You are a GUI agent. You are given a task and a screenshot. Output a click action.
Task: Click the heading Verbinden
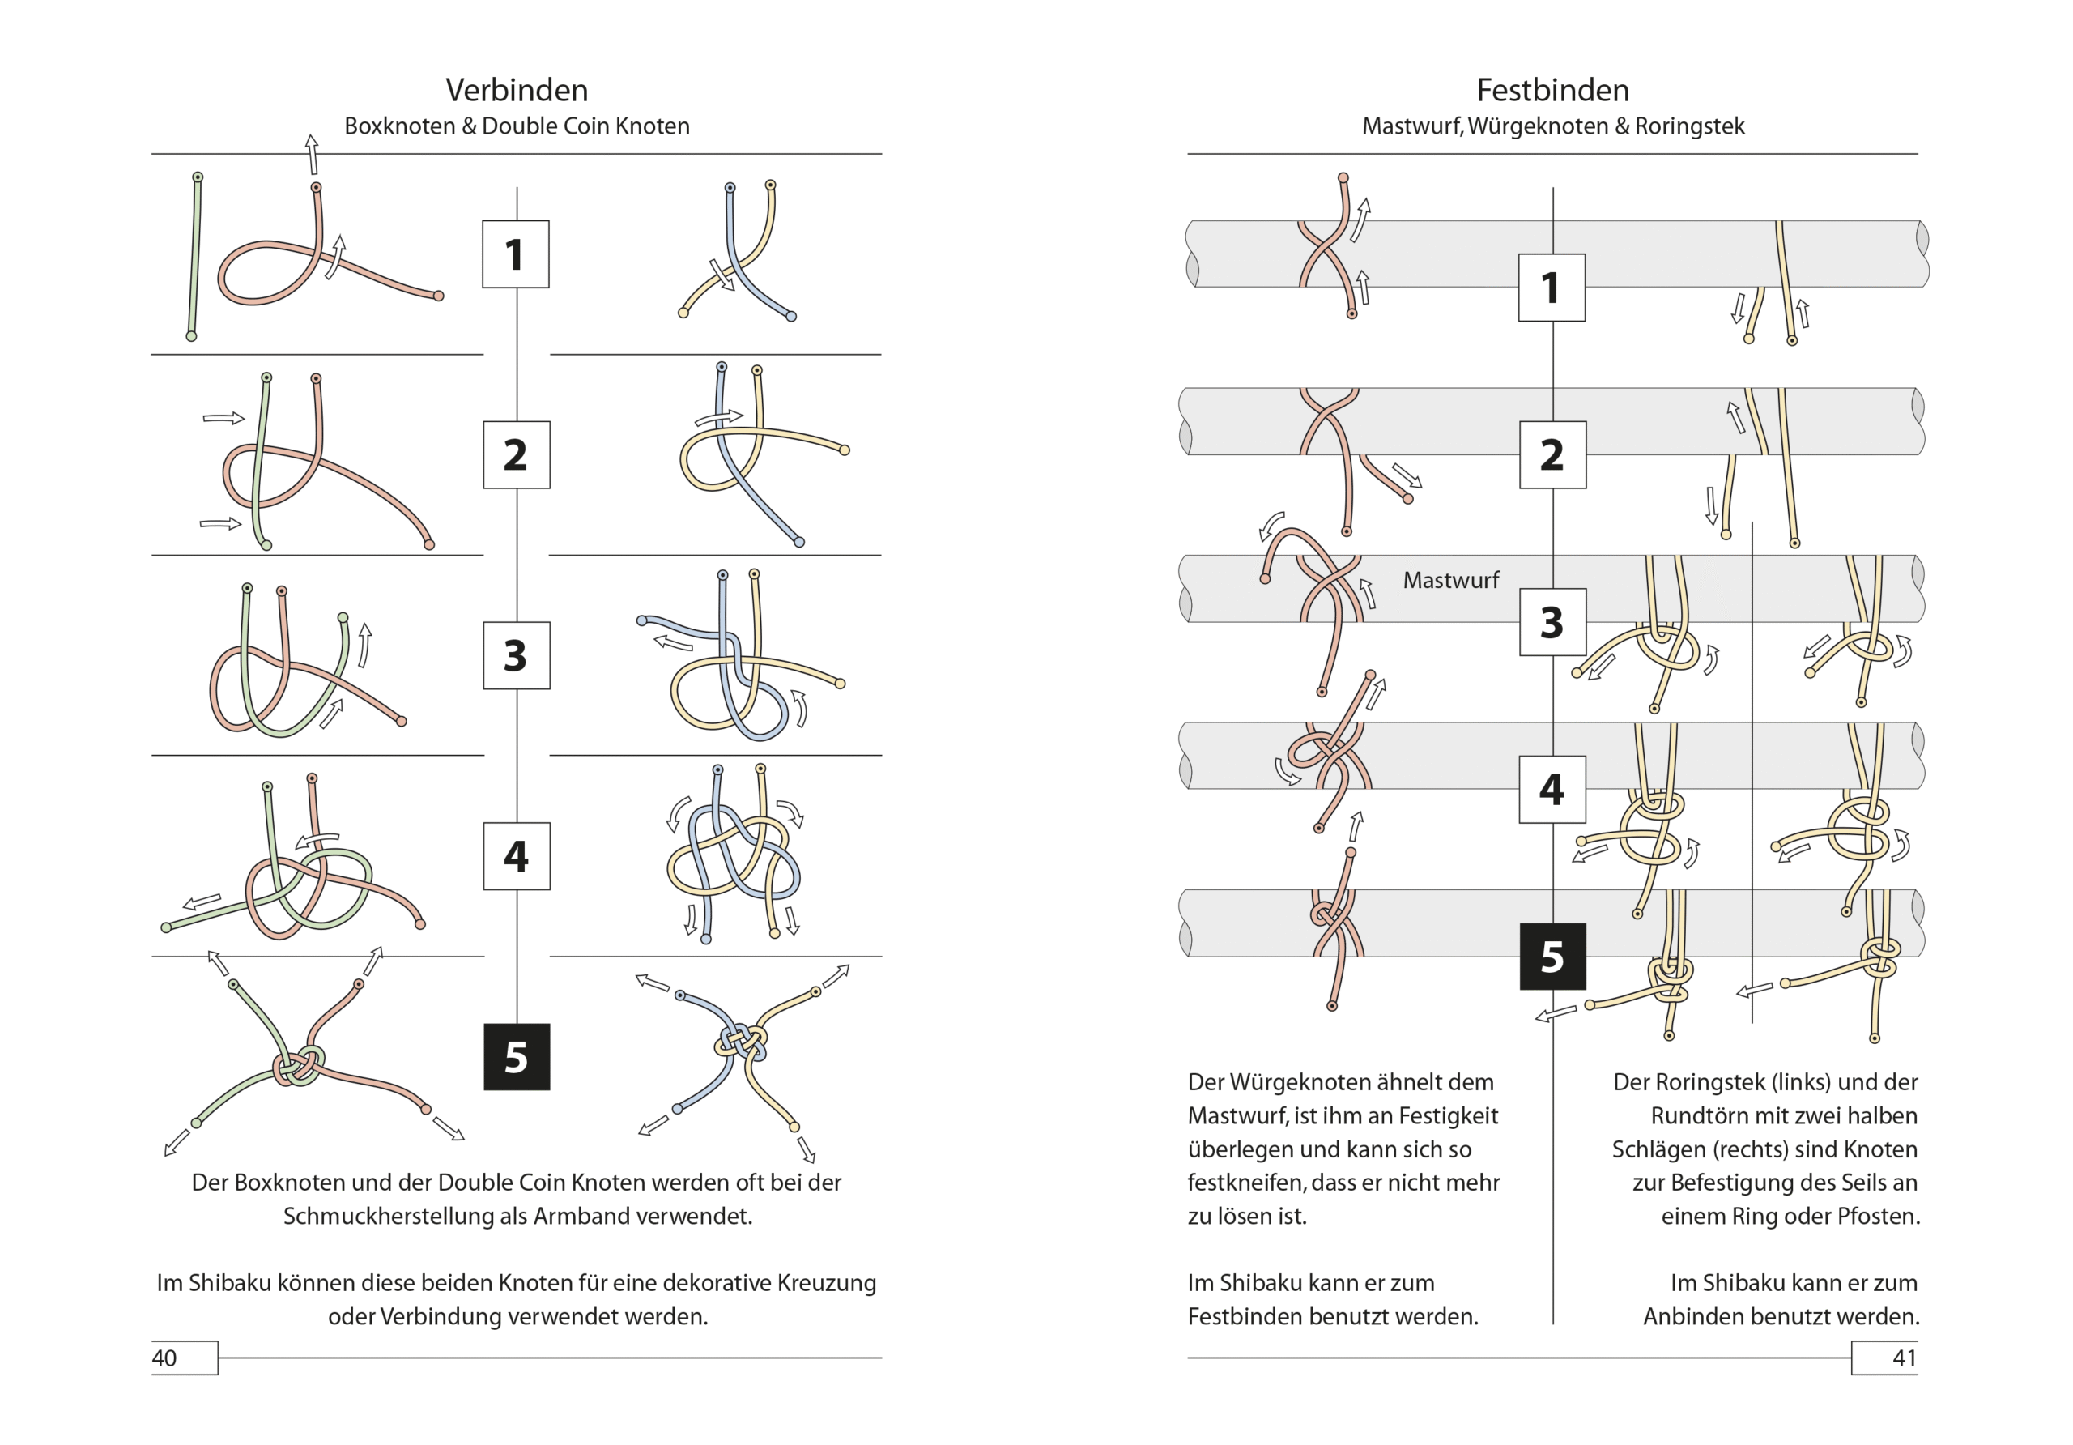(517, 91)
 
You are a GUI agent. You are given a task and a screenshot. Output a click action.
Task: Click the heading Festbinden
(1553, 91)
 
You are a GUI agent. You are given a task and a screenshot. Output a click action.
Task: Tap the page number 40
(164, 1358)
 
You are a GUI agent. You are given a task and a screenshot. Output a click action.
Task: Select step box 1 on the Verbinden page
(516, 254)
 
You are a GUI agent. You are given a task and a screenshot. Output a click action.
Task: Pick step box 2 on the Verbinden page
(517, 455)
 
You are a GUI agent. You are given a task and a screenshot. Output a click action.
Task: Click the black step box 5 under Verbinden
(517, 1057)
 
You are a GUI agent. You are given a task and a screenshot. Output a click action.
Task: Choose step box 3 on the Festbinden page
(1553, 622)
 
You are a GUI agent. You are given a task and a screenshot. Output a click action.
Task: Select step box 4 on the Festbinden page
(1553, 790)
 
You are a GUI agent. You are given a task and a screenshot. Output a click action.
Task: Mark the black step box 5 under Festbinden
(1553, 957)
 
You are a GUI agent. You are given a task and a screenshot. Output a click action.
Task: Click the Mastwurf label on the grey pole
(1451, 580)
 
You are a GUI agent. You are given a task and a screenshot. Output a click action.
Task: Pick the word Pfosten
(1879, 1217)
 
